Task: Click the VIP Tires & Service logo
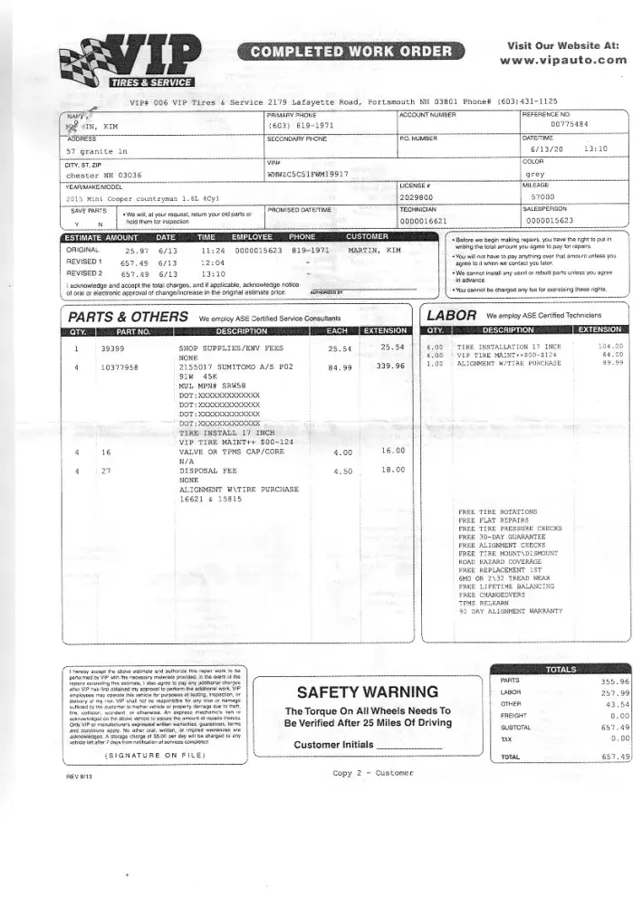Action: click(x=131, y=61)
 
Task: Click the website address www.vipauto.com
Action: click(x=562, y=61)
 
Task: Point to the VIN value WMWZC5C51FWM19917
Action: click(x=308, y=173)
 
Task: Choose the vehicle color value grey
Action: click(x=534, y=173)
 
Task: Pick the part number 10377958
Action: click(x=119, y=367)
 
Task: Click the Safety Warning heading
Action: click(x=355, y=691)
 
